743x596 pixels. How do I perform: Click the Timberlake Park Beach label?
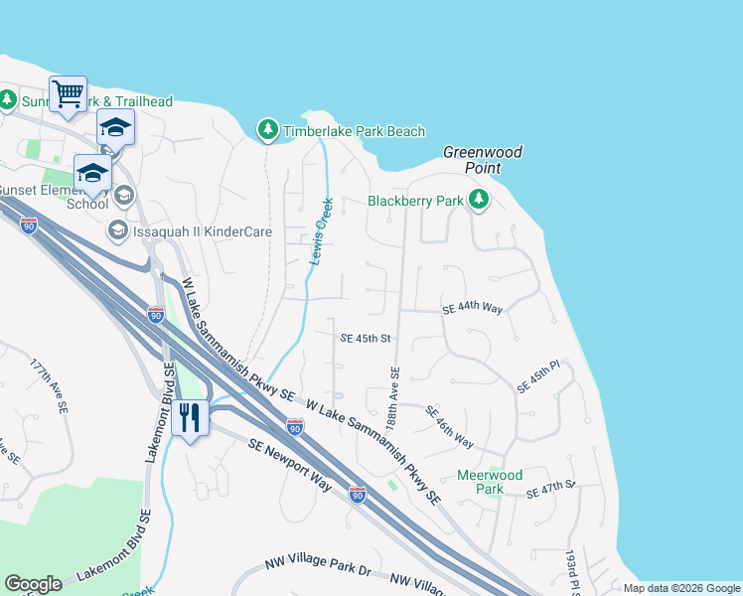click(x=354, y=131)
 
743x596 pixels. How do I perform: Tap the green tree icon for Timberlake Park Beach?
click(x=267, y=130)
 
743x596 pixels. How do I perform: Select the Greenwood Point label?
click(x=483, y=160)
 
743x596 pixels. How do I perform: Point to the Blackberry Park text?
click(x=416, y=201)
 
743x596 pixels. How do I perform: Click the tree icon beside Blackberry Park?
click(x=480, y=201)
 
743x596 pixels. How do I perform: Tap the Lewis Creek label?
click(x=320, y=231)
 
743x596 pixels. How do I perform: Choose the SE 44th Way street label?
click(x=473, y=309)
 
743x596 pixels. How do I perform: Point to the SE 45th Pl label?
click(x=539, y=375)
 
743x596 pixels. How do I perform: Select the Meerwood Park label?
click(x=490, y=482)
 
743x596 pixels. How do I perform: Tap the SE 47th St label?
click(x=551, y=489)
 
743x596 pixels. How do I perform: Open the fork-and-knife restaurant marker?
click(x=190, y=417)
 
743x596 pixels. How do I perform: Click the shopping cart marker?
click(x=68, y=94)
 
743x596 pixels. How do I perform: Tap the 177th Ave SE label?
click(x=49, y=386)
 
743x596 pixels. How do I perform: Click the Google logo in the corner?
click(x=33, y=584)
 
